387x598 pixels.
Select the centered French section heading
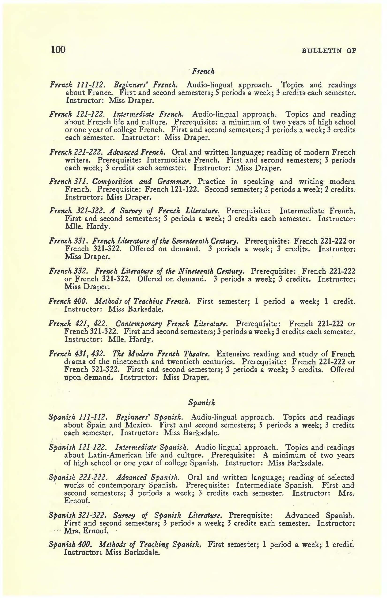point(203,72)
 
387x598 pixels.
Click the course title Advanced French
point(136,152)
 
